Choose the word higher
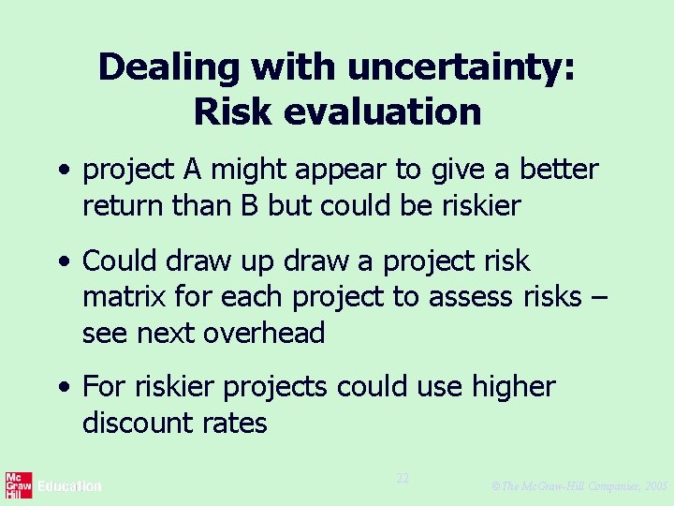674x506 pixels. coord(511,386)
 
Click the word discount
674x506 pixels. coord(138,423)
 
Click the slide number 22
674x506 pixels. coord(403,478)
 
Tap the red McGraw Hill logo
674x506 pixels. coord(19,485)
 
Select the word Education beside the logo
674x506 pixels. coord(69,486)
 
